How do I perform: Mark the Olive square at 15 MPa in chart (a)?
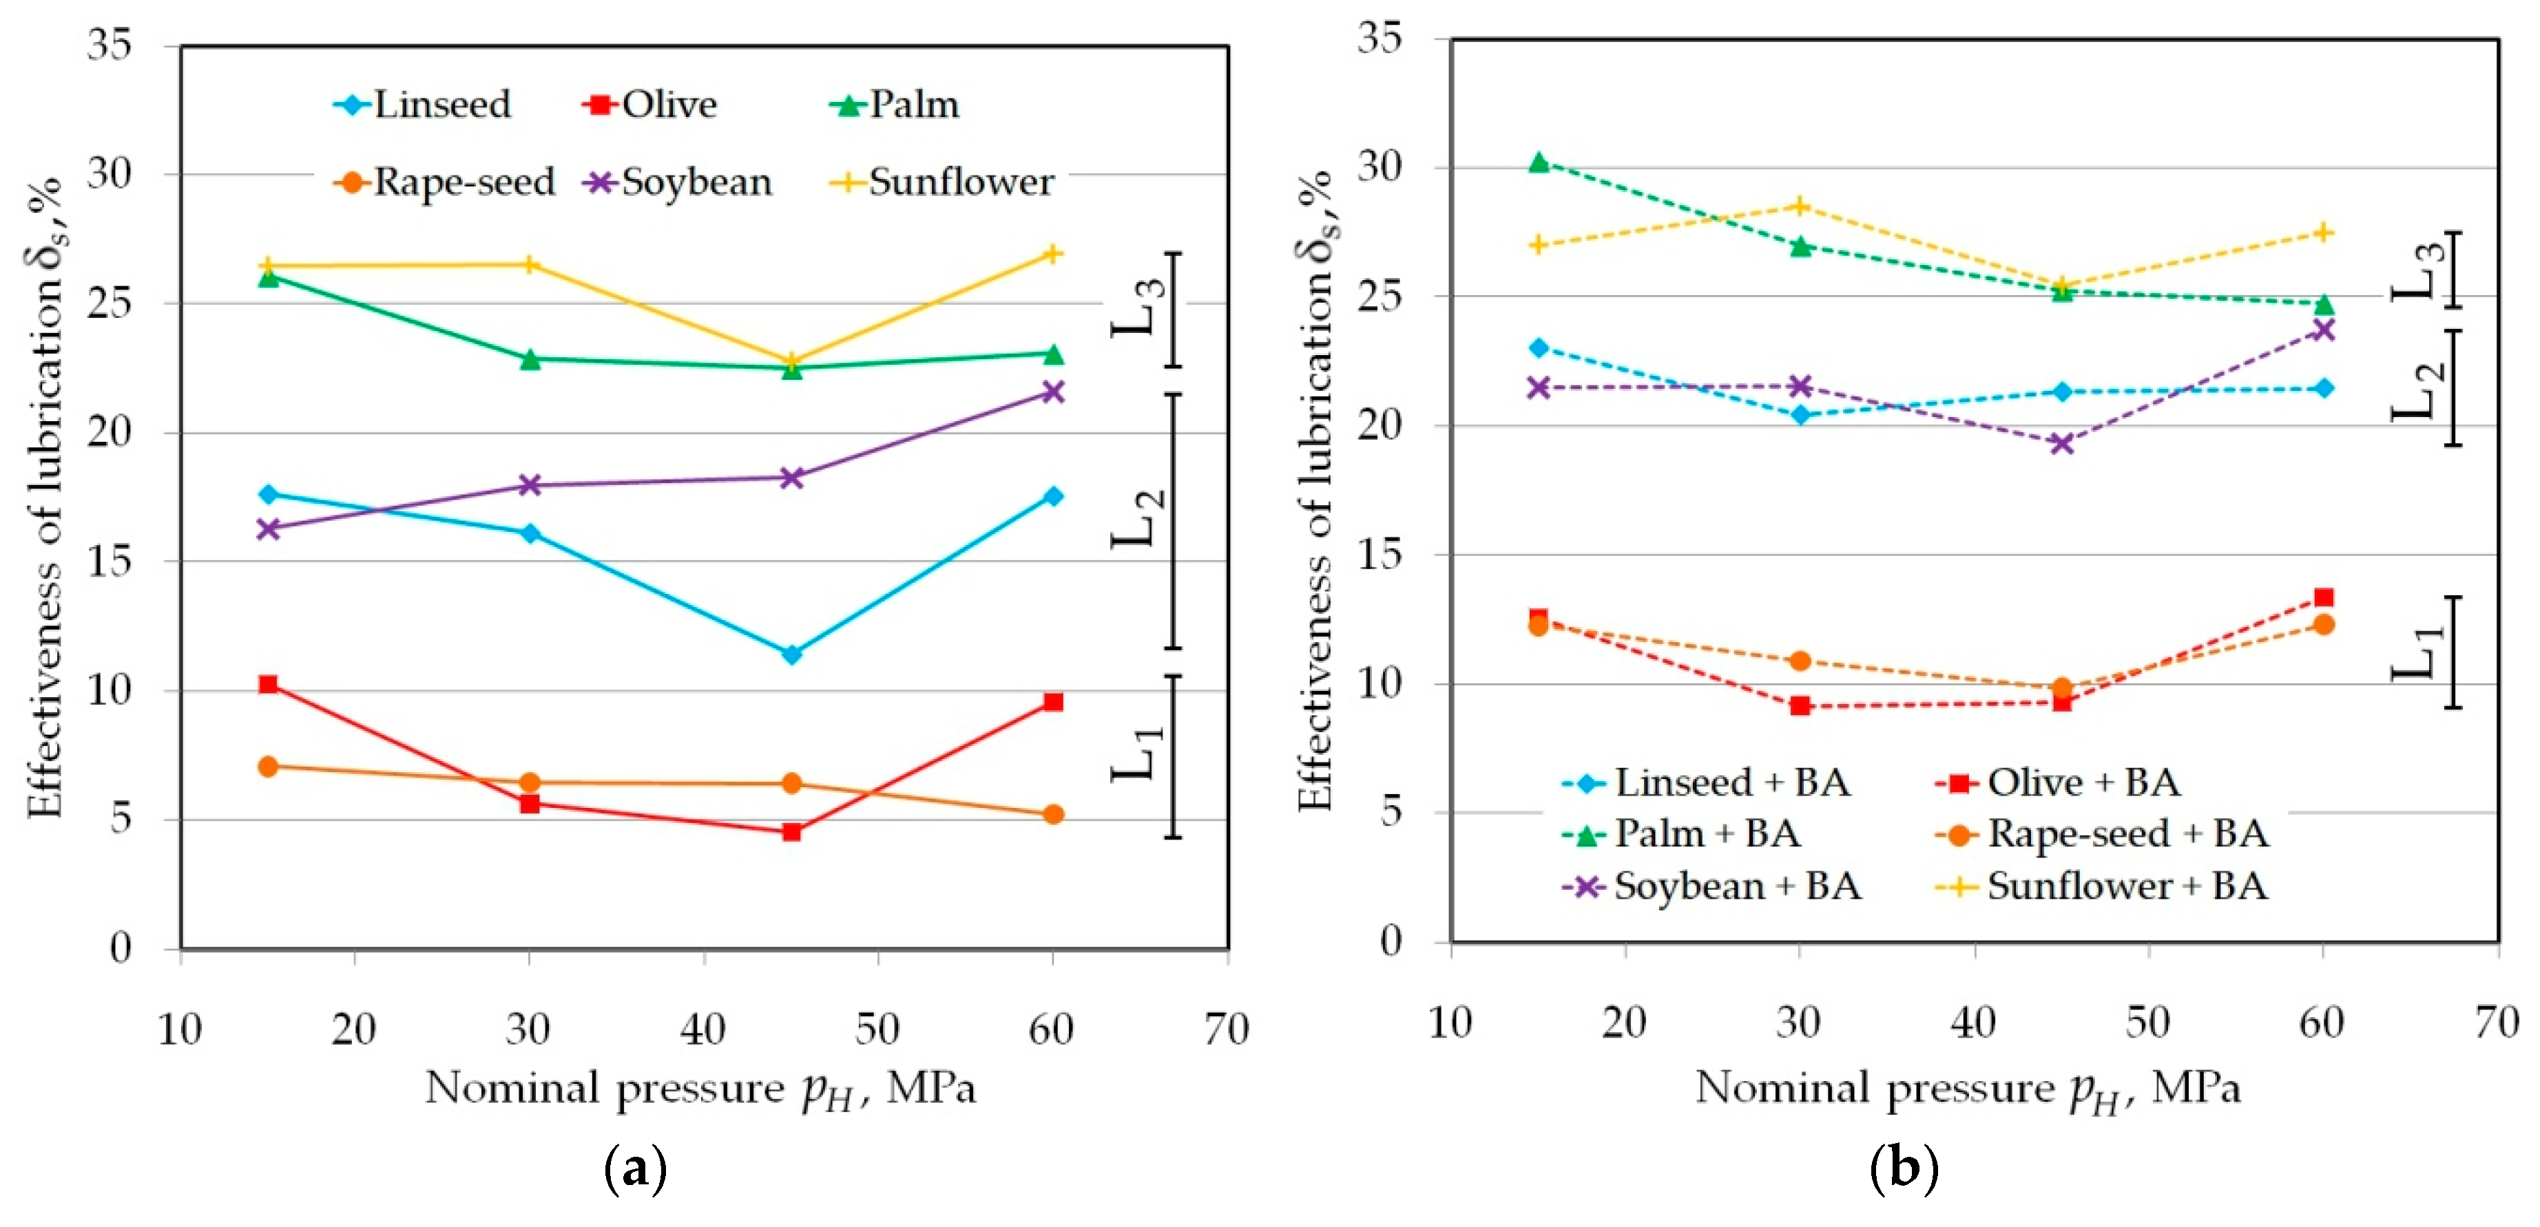(268, 684)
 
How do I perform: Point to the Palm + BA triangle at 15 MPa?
(1538, 162)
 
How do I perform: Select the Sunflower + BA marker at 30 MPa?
(1800, 206)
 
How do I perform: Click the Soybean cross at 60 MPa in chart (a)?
(1053, 392)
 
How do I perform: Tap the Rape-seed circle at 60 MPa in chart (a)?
(1053, 814)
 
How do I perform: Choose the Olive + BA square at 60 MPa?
(2323, 597)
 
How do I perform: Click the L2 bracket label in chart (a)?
(1139, 520)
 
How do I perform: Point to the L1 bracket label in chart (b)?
(2417, 652)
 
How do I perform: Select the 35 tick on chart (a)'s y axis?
(110, 45)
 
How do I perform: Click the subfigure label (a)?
(635, 1170)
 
